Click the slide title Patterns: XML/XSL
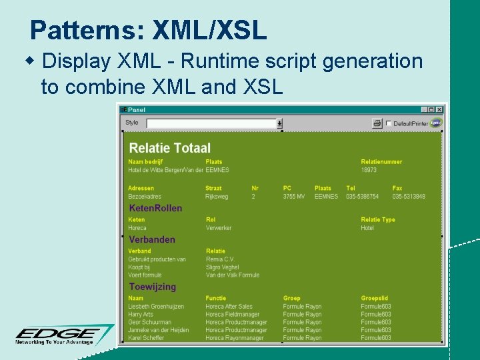coord(148,30)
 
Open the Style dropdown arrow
coord(279,123)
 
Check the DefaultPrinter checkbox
coord(389,123)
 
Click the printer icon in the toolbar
coord(377,123)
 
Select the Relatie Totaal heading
coord(169,148)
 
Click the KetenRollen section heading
coord(155,208)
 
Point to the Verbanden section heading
coord(152,239)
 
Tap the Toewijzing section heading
coord(153,287)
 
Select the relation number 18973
coord(369,170)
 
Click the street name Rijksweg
coord(217,197)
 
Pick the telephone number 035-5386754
coord(362,197)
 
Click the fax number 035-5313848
coord(408,197)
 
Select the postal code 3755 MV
coord(293,197)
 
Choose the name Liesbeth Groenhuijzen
coord(157,307)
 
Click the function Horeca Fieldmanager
coord(235,315)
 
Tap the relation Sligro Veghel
coord(222,267)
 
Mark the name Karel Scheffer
coord(147,338)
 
